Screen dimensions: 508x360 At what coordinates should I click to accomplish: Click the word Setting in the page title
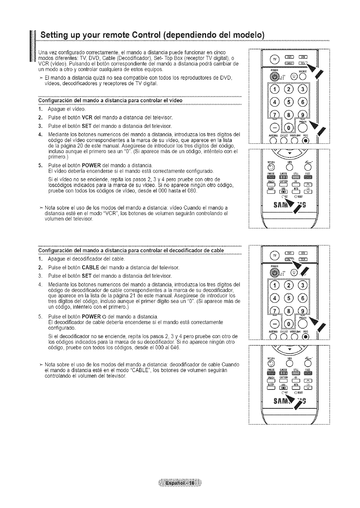point(55,35)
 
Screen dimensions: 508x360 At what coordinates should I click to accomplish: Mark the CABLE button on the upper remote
point(290,63)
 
